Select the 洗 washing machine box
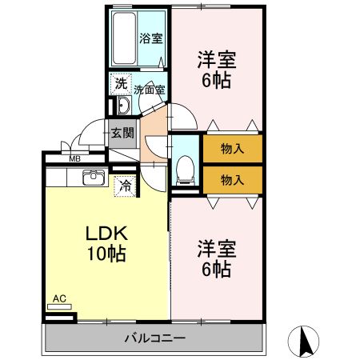pyautogui.click(x=120, y=82)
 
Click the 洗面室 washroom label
pyautogui.click(x=149, y=90)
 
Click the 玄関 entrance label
pyautogui.click(x=122, y=134)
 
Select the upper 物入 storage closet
pyautogui.click(x=231, y=148)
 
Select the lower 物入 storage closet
pyautogui.click(x=231, y=179)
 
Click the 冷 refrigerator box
pyautogui.click(x=125, y=186)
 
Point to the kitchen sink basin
pyautogui.click(x=93, y=177)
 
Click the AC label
pyautogui.click(x=58, y=299)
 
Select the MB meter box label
pyautogui.click(x=74, y=159)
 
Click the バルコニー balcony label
pyautogui.click(x=154, y=338)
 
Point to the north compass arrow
pyautogui.click(x=304, y=342)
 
